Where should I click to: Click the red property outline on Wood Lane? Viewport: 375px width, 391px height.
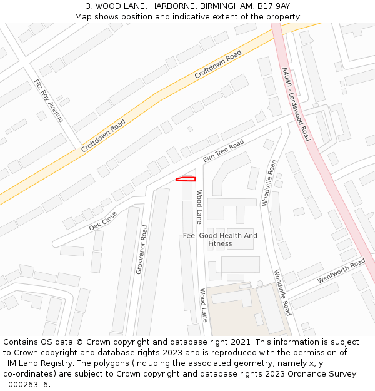[186, 180]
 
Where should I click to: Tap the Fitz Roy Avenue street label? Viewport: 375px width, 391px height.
[49, 100]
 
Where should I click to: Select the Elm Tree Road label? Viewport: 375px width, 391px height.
[223, 152]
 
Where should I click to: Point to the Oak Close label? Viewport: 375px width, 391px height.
[102, 221]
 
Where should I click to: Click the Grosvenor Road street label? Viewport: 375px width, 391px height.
[142, 250]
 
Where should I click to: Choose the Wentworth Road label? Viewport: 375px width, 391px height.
[341, 271]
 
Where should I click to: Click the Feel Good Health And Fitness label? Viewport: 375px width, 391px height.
[220, 240]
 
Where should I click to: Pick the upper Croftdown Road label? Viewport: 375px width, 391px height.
[217, 64]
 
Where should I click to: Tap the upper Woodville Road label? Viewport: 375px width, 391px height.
[269, 183]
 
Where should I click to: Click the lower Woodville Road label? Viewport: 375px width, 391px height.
[282, 292]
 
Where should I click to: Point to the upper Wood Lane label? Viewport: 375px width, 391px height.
[199, 207]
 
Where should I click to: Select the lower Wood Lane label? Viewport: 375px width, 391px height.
[203, 305]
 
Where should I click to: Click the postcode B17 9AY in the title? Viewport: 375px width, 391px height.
[274, 6]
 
